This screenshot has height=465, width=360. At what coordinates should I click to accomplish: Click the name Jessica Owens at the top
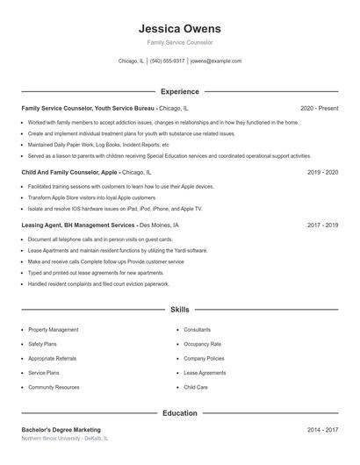(x=179, y=29)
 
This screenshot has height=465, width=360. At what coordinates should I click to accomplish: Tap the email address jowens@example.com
(x=215, y=61)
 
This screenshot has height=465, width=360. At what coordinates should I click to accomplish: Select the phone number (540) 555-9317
(x=167, y=61)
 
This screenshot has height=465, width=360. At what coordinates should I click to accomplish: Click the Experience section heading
(x=179, y=91)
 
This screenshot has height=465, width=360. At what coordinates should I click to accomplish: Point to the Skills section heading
(x=179, y=310)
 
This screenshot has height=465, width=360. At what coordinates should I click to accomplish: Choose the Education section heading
(x=179, y=412)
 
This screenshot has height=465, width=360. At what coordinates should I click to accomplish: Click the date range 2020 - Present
(x=319, y=108)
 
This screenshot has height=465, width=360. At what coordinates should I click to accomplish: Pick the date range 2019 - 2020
(x=322, y=173)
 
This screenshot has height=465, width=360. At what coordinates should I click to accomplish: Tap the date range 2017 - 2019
(x=322, y=225)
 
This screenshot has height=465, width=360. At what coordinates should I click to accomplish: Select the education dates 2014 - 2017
(x=322, y=430)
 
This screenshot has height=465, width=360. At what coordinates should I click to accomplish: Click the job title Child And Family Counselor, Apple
(x=70, y=173)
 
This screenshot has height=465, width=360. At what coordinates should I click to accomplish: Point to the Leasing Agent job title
(x=78, y=225)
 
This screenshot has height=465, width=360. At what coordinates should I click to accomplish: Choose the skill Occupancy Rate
(x=202, y=344)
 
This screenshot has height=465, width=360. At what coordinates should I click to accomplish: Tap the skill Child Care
(x=196, y=387)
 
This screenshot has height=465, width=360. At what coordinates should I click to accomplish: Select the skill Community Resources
(x=54, y=387)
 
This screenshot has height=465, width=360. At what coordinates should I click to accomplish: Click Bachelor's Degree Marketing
(x=61, y=430)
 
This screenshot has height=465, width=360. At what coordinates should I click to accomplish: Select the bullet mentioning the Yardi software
(x=118, y=250)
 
